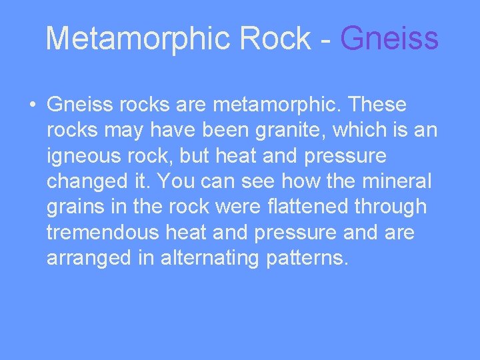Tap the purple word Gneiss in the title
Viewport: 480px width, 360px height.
(x=389, y=39)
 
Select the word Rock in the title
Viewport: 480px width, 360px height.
(x=273, y=39)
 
